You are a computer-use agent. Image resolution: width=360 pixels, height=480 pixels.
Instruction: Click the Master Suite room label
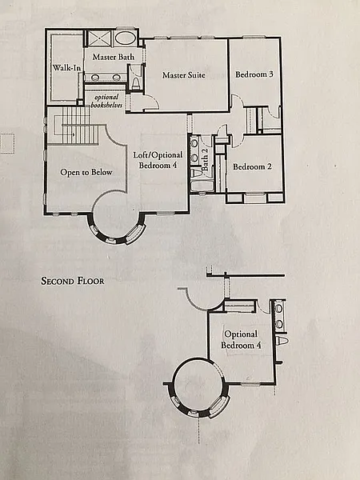(184, 75)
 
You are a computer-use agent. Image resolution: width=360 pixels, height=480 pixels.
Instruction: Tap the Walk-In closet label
(66, 68)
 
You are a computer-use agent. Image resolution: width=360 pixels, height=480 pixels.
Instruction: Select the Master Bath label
(114, 57)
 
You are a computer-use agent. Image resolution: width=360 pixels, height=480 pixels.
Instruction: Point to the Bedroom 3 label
(254, 74)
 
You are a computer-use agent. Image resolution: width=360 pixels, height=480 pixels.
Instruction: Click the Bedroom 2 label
(252, 167)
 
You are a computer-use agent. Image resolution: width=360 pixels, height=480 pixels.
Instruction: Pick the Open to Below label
(86, 172)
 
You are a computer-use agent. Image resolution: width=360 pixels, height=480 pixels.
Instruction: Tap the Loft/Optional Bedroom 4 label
(158, 160)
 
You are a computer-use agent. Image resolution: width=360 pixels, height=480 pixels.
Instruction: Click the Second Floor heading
(73, 281)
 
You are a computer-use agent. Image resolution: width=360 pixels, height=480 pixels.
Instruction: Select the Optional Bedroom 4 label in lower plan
(241, 339)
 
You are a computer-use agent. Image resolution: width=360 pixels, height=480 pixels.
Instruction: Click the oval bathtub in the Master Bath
(126, 38)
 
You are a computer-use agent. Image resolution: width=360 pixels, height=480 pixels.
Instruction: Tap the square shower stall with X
(100, 38)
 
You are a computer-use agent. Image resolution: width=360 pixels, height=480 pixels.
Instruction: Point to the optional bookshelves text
(106, 101)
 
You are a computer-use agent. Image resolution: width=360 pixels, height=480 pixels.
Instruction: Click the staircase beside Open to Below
(77, 126)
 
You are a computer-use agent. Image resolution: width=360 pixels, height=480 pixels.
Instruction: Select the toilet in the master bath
(135, 83)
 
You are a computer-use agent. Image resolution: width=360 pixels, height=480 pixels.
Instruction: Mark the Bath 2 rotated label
(205, 159)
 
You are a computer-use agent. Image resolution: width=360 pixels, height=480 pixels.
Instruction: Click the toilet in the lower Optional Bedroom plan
(282, 341)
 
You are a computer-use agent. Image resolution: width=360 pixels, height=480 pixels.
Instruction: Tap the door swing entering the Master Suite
(151, 102)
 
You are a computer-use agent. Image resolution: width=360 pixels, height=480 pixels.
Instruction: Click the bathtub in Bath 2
(202, 186)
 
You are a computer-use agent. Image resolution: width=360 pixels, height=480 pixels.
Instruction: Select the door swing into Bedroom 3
(236, 101)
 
